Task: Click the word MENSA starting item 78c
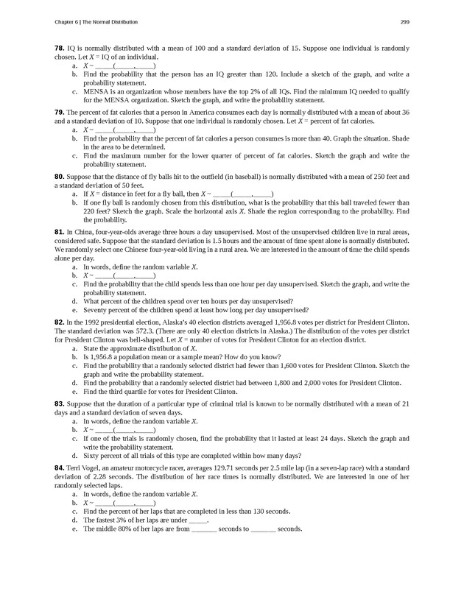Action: [x=94, y=92]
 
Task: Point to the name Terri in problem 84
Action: [x=74, y=467]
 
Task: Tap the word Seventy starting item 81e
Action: [x=96, y=310]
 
